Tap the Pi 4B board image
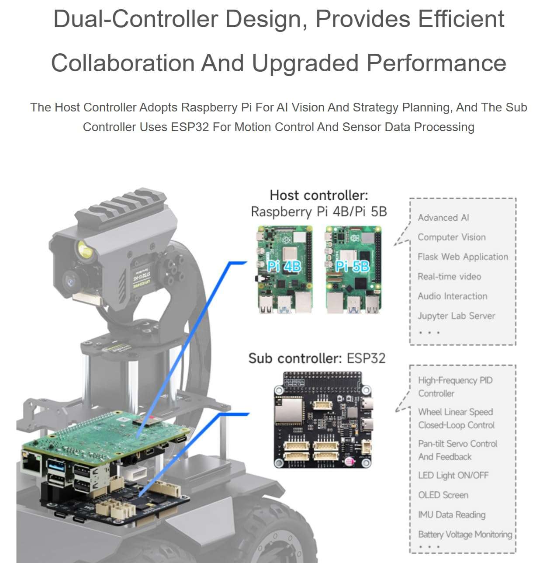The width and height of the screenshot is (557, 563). (x=284, y=269)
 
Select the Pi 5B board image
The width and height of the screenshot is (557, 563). (x=353, y=269)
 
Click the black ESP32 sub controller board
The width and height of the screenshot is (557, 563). (x=323, y=420)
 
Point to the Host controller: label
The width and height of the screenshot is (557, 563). (x=319, y=195)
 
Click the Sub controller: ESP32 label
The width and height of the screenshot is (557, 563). (x=317, y=358)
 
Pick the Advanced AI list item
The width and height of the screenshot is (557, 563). (x=443, y=218)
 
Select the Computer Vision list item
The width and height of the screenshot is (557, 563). (x=451, y=237)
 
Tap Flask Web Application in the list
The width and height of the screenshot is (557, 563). (x=463, y=257)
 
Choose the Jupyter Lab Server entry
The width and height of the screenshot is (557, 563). (x=456, y=316)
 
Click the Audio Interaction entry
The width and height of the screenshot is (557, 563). (x=452, y=296)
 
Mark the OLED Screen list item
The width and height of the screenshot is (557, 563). (x=443, y=495)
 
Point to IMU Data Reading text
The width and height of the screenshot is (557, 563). (x=451, y=515)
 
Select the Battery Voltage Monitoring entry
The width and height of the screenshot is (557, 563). (x=465, y=535)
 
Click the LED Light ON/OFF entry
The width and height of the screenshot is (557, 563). (x=453, y=476)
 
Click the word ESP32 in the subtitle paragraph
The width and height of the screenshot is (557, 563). (x=190, y=127)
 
